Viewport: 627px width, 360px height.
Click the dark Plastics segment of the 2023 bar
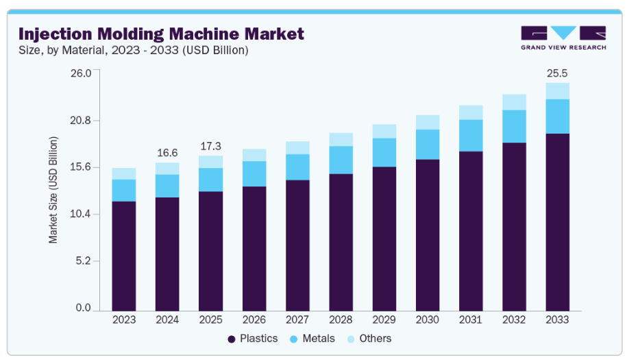point(124,255)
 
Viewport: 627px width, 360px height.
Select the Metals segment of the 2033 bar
point(557,116)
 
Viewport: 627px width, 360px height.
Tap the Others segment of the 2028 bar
point(341,139)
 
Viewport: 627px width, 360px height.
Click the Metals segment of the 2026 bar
point(254,173)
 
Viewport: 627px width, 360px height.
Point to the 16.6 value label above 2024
point(167,152)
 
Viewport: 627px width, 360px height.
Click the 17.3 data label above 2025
point(210,146)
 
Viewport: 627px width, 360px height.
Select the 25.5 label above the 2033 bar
point(557,73)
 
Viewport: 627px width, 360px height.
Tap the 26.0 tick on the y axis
point(81,73)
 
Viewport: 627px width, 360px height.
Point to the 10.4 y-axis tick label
point(81,215)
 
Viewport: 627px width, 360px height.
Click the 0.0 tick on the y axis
point(83,309)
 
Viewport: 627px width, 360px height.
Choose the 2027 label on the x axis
point(297,320)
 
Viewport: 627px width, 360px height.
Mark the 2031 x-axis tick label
point(471,320)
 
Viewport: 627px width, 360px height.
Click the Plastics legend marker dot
point(231,339)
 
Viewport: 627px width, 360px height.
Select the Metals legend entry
point(312,339)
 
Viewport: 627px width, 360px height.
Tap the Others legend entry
point(369,339)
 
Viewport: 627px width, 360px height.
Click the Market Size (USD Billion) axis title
point(53,190)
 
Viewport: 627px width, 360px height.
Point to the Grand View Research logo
point(563,38)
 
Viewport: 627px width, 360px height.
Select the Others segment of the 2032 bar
point(514,102)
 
